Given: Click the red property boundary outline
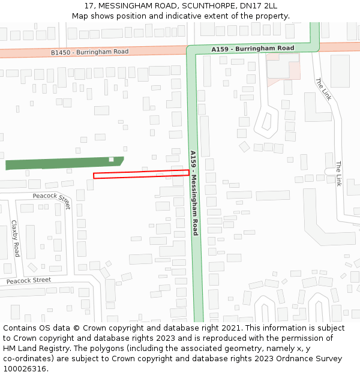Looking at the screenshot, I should [141, 174].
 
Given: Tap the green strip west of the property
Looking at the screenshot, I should [60, 163].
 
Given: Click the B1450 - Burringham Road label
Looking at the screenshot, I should [89, 53].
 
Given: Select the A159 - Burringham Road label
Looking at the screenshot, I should [253, 48].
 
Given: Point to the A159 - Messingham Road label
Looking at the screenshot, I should [194, 192].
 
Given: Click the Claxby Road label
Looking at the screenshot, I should [16, 238].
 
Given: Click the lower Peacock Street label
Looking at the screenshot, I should [29, 280].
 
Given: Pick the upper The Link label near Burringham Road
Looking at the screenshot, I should [322, 90].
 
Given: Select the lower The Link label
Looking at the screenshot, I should [338, 174].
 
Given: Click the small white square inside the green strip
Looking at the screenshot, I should [111, 159].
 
